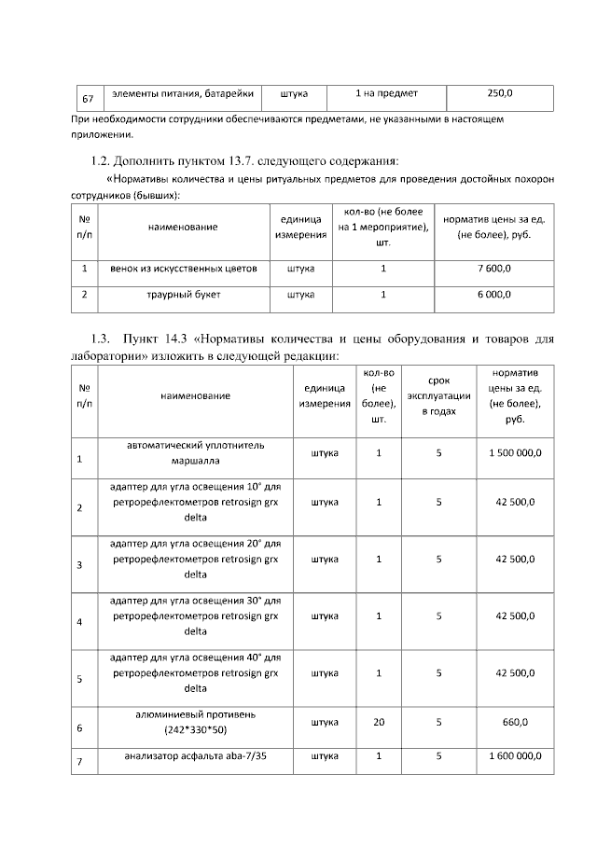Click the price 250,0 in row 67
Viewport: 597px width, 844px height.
[x=500, y=93]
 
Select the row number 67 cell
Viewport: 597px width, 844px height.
[x=88, y=98]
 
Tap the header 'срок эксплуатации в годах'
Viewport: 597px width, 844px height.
[x=438, y=395]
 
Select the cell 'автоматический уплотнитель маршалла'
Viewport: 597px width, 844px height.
[x=195, y=452]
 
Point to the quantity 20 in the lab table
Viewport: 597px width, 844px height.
[x=379, y=722]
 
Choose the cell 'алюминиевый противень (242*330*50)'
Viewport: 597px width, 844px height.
[x=195, y=721]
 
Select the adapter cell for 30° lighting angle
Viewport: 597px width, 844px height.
[x=195, y=616]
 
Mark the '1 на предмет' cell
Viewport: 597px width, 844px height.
[x=387, y=93]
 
